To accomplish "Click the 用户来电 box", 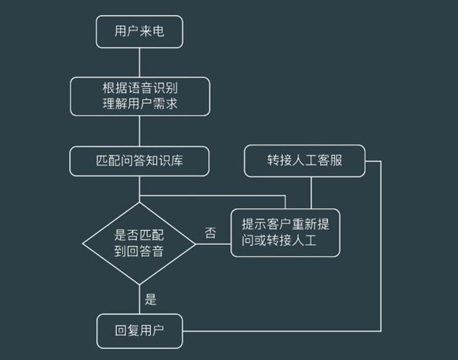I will (139, 32).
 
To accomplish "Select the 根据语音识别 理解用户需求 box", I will (139, 96).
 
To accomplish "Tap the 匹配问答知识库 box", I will (139, 161).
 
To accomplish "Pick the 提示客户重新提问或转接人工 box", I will (285, 232).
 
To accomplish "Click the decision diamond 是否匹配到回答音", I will (139, 244).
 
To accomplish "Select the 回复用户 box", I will (139, 331).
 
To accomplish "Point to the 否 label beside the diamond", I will (211, 233).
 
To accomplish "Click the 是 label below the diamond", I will (151, 300).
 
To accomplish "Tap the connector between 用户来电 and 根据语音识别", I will (139, 63).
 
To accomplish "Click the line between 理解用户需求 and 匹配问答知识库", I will (139, 131).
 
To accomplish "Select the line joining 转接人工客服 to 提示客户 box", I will (311, 193).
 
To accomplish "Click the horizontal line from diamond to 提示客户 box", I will (213, 244).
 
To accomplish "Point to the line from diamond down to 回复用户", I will (139, 300).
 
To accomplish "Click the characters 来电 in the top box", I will (152, 32).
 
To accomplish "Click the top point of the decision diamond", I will (139, 203).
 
